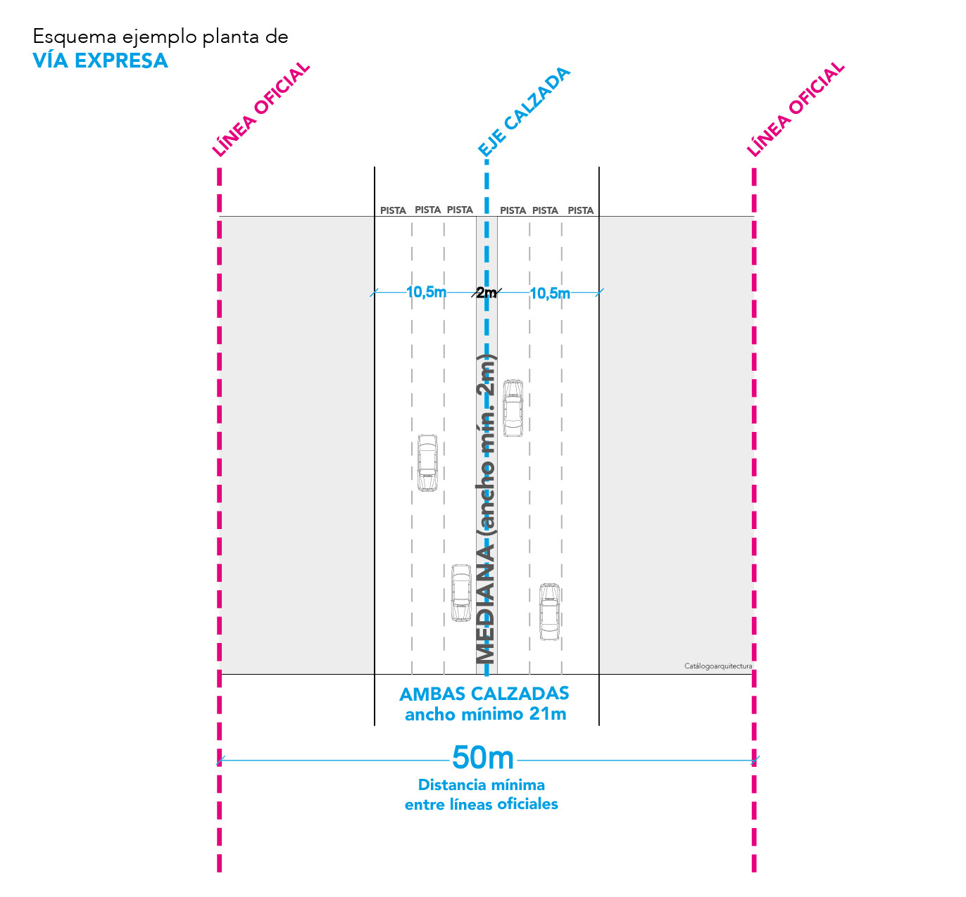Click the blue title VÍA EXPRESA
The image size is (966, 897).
click(x=100, y=61)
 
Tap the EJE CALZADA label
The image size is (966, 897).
click(x=524, y=112)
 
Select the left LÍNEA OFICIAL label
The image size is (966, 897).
click(x=261, y=109)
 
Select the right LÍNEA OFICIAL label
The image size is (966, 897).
click(x=796, y=109)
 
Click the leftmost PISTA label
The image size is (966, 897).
click(x=393, y=210)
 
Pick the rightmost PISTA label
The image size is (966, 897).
click(x=581, y=210)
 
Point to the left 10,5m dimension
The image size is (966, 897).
click(x=426, y=292)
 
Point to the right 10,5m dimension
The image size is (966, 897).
click(x=550, y=293)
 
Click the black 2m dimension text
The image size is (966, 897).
click(x=486, y=292)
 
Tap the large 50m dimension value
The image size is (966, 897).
click(x=482, y=758)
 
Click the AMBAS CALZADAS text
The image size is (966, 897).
click(x=484, y=694)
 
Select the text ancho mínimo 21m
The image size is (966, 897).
click(x=485, y=715)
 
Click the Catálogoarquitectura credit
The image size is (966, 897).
click(x=718, y=666)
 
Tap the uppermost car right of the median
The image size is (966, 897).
click(x=513, y=408)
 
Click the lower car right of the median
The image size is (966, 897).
click(x=550, y=611)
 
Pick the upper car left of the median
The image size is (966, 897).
click(x=427, y=463)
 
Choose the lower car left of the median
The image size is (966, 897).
click(x=461, y=592)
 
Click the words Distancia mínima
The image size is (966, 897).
click(x=482, y=784)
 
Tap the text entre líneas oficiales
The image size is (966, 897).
click(x=481, y=804)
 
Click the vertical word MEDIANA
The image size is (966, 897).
click(x=485, y=604)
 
